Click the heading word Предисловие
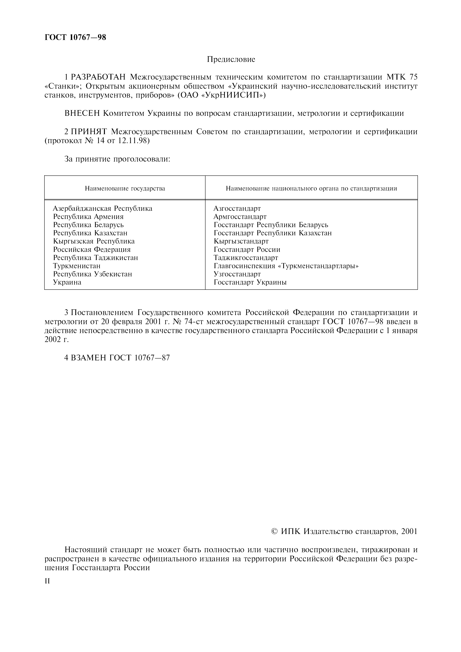(231, 59)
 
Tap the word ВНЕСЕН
(82, 113)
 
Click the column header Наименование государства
(125, 189)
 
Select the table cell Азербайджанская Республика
(102, 208)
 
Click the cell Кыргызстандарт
(241, 241)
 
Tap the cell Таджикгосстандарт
(246, 258)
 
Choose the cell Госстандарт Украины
(250, 282)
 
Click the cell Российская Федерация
(92, 250)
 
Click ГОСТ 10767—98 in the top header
(75, 37)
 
